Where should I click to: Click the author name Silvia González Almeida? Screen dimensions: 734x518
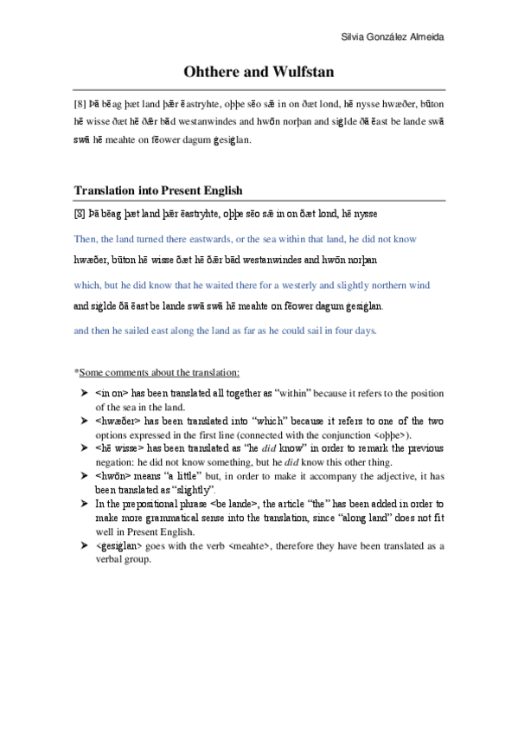396,36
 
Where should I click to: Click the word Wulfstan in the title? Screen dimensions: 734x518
297,72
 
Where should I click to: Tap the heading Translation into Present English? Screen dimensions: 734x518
158,190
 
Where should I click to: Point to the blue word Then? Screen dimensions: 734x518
86,236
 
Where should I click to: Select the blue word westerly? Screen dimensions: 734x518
304,285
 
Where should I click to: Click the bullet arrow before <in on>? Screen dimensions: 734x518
83,393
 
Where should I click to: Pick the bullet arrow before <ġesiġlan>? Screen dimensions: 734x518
83,545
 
